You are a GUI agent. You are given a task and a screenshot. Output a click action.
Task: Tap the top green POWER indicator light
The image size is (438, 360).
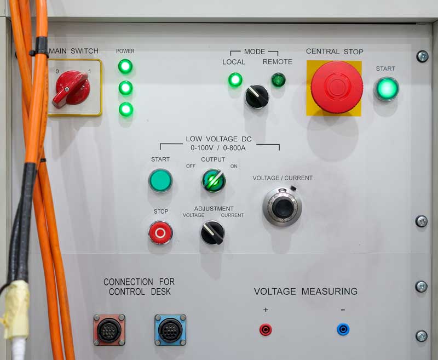coord(125,66)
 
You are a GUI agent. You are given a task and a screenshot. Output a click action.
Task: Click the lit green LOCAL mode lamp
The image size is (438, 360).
coord(235,79)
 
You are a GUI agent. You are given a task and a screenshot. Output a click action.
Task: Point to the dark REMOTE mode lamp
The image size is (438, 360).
coord(278,79)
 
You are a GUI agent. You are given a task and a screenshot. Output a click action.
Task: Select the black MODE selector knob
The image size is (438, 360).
coord(257,96)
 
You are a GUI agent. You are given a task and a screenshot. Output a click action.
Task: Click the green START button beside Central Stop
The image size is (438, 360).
coord(387,89)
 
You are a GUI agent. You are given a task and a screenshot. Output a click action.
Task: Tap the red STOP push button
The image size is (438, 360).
coord(160,232)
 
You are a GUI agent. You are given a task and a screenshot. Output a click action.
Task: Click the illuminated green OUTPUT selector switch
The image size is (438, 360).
coord(214,181)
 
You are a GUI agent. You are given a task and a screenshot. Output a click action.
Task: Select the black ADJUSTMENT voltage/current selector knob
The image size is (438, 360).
coord(212,232)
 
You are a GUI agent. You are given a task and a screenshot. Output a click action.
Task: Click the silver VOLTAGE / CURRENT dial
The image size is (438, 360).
coord(283,207)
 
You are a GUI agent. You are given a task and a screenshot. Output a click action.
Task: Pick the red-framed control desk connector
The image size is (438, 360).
coord(109,330)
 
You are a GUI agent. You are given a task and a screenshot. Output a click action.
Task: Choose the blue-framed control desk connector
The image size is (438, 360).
coord(170,330)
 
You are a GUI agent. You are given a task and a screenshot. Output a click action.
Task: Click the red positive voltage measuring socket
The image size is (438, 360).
coord(266,329)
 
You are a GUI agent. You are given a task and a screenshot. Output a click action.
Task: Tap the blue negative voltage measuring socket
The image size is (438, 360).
coord(343,329)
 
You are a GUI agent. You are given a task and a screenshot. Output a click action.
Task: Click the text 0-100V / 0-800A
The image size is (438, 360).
coord(218,148)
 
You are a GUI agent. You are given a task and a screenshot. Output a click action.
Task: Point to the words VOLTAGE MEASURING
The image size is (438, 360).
coord(306,292)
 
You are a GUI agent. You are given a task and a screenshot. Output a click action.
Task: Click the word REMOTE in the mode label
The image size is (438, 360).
coord(278,62)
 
